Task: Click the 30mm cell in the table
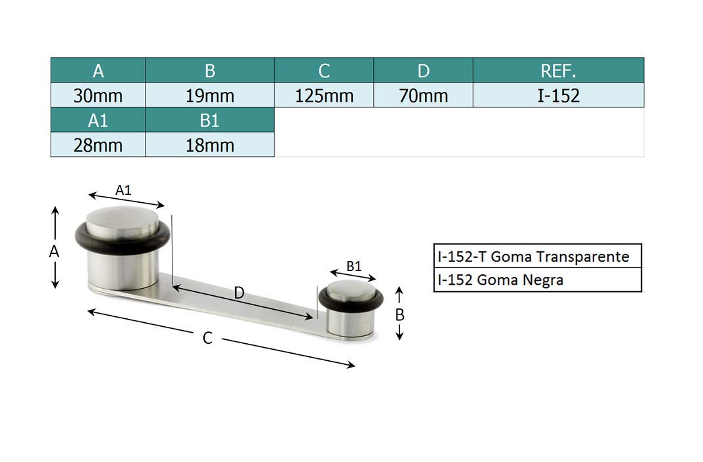pyautogui.click(x=98, y=95)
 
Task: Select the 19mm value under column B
pyautogui.click(x=210, y=95)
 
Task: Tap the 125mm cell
pyautogui.click(x=324, y=95)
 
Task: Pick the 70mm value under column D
pyautogui.click(x=423, y=95)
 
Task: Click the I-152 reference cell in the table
pyautogui.click(x=559, y=95)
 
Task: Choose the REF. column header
pyautogui.click(x=559, y=70)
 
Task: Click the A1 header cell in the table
pyautogui.click(x=98, y=120)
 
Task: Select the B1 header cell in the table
pyautogui.click(x=210, y=120)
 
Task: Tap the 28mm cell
pyautogui.click(x=98, y=145)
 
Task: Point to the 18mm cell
pyautogui.click(x=210, y=145)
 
